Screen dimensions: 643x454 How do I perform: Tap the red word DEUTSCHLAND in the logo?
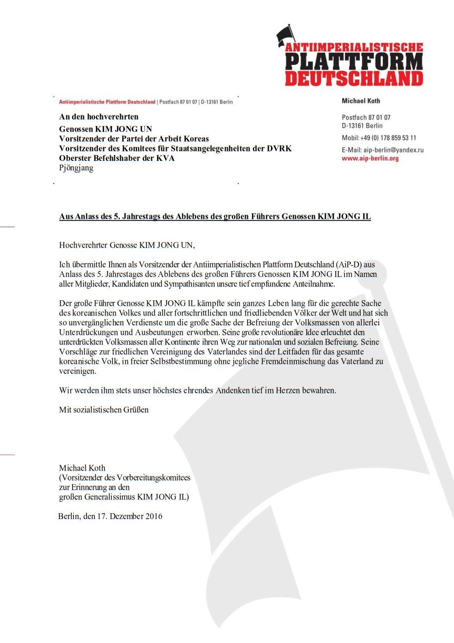click(354, 78)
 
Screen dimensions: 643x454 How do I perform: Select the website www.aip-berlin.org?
click(370, 158)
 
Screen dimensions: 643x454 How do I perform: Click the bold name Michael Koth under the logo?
click(361, 101)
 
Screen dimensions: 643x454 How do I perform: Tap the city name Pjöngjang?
click(76, 168)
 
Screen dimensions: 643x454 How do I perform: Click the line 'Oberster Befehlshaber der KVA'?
click(117, 158)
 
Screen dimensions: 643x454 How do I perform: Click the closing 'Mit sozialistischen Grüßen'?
click(104, 409)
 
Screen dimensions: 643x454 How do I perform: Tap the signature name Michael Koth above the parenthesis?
click(82, 468)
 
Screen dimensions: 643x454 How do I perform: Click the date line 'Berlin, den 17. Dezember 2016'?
click(110, 516)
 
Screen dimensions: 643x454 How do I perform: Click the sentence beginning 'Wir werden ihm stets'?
click(197, 390)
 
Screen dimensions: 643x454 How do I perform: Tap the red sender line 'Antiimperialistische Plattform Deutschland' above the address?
click(107, 102)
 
